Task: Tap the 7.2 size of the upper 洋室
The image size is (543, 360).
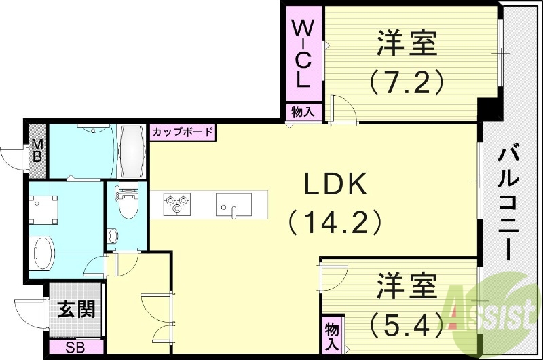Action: pos(407,82)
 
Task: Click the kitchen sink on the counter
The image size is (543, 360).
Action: pos(233,203)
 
